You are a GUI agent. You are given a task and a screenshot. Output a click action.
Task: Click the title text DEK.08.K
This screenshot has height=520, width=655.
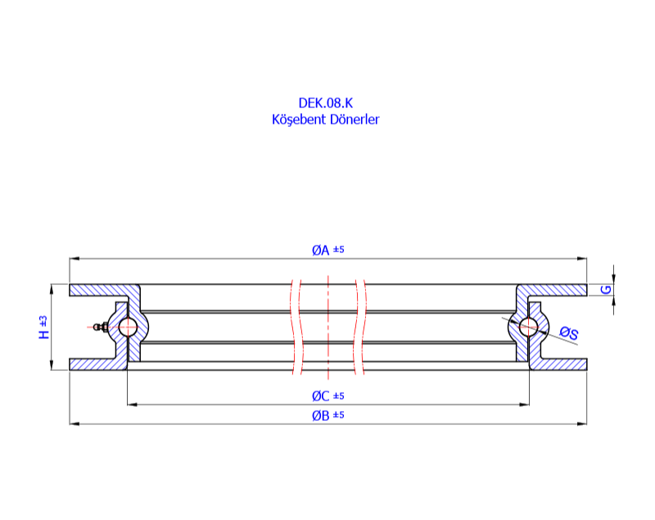[325, 103]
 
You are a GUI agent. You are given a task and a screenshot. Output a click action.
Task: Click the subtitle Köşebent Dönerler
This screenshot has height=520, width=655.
[325, 120]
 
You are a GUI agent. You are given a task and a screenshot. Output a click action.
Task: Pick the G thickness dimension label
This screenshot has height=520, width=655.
[605, 290]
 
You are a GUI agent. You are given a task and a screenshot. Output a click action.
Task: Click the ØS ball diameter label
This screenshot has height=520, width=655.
[569, 332]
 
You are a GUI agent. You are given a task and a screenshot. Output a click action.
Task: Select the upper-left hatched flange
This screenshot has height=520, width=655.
[98, 290]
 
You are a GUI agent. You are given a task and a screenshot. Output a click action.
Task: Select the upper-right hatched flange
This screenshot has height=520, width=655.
[557, 290]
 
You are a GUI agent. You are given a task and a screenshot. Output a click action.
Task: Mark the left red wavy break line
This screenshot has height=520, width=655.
[296, 328]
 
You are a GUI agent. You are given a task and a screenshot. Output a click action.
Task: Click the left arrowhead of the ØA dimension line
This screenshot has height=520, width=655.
[72, 259]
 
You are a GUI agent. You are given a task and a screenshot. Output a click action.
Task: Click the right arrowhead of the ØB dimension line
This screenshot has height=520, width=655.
[584, 423]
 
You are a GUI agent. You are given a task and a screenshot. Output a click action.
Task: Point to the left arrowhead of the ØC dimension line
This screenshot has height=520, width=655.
[130, 404]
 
